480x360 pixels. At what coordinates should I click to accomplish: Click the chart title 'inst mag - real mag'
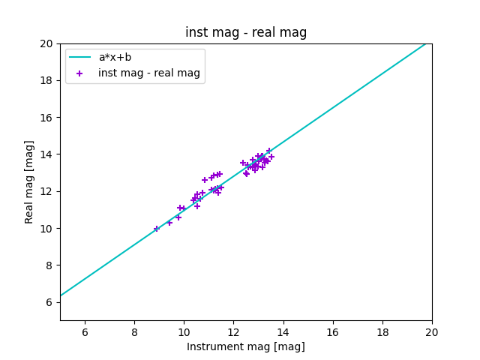click(x=246, y=33)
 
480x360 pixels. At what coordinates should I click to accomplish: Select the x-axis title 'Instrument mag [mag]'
click(x=246, y=346)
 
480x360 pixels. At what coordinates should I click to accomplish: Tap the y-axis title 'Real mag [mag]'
click(x=30, y=181)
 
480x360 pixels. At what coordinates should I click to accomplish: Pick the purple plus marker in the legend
click(x=80, y=73)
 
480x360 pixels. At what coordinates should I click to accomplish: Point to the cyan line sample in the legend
click(x=80, y=57)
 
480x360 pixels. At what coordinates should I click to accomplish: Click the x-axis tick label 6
click(x=85, y=332)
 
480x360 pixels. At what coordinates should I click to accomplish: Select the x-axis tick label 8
click(x=134, y=332)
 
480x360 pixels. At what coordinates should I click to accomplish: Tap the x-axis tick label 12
click(x=233, y=332)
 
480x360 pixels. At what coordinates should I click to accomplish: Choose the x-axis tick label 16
click(x=332, y=332)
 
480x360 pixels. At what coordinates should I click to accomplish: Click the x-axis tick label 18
click(x=382, y=332)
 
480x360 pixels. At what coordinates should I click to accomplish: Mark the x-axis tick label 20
click(x=432, y=332)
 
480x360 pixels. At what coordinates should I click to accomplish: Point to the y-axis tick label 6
click(x=50, y=302)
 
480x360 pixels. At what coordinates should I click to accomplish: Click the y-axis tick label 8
click(x=50, y=265)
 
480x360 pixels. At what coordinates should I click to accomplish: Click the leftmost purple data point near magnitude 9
click(x=157, y=229)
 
